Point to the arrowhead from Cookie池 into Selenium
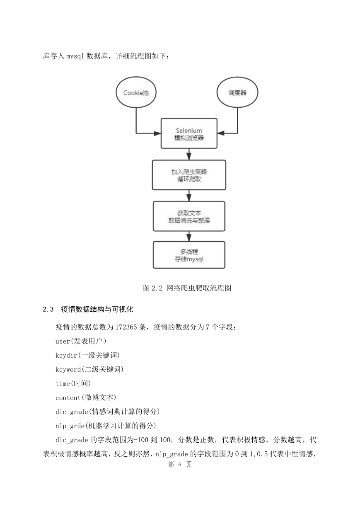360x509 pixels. (x=157, y=133)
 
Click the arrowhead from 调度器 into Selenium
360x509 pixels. (x=221, y=133)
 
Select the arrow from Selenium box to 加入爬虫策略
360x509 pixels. (x=189, y=155)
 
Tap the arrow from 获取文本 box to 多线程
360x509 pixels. (x=189, y=236)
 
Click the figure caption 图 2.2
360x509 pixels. (x=153, y=288)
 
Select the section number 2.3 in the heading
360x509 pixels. (x=48, y=309)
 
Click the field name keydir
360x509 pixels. (x=66, y=355)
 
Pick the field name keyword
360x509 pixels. (x=68, y=369)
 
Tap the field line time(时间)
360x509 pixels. (x=73, y=383)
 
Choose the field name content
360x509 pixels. (x=68, y=398)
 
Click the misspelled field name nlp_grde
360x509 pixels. (x=70, y=426)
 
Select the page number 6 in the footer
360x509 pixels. (x=180, y=464)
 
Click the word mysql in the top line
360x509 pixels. (x=75, y=56)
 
